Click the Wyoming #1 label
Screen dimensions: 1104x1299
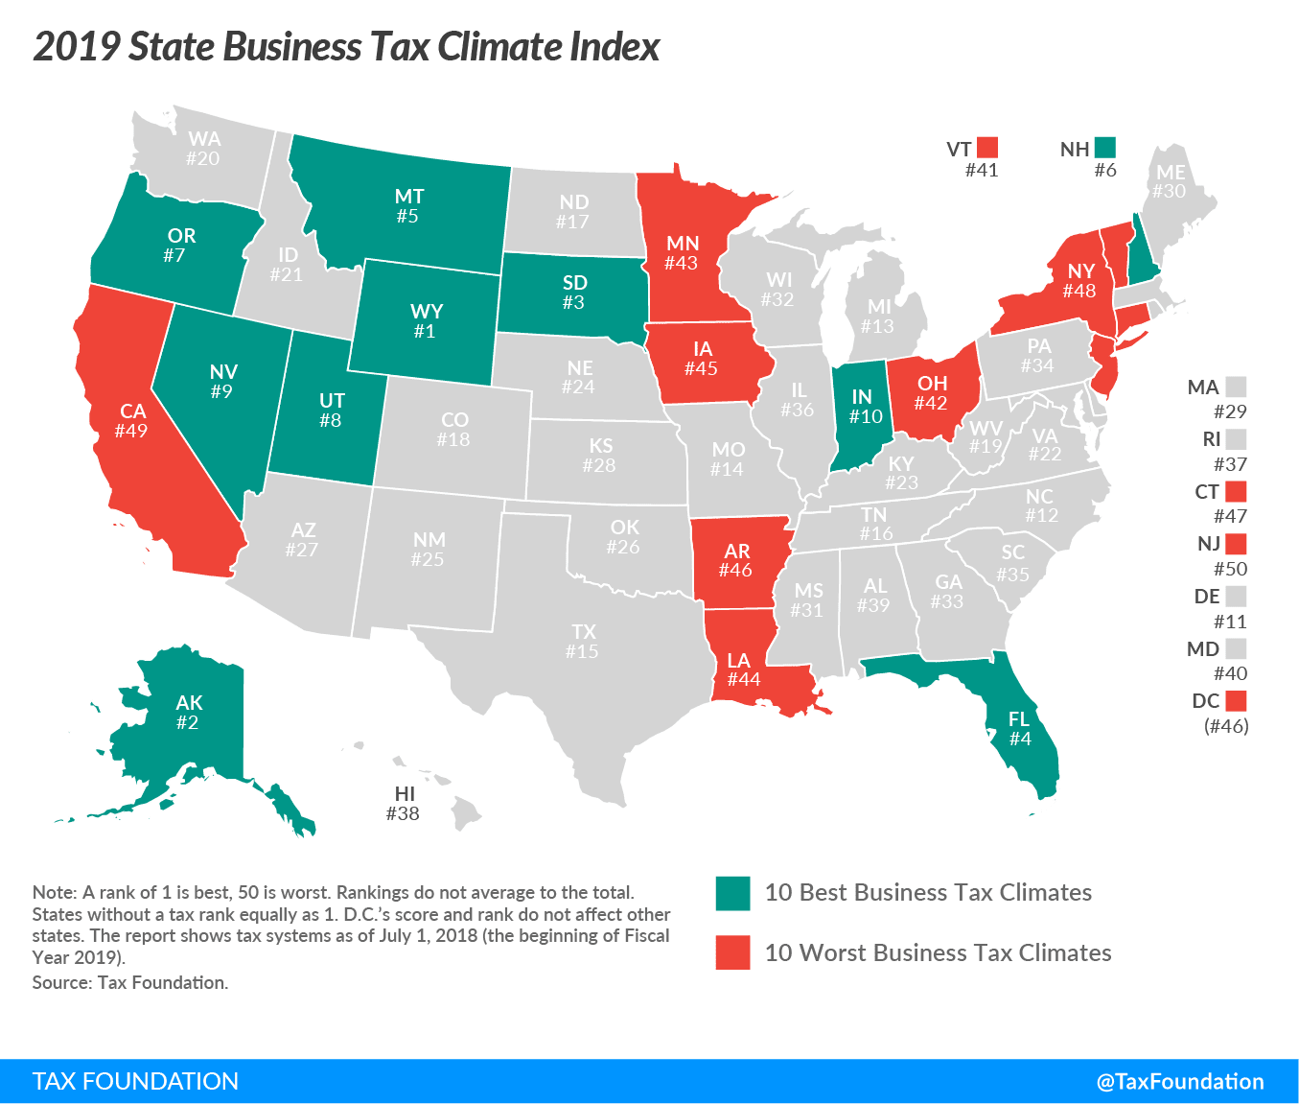point(426,321)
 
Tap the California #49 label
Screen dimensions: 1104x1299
point(132,421)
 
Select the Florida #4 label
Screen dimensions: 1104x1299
point(1019,729)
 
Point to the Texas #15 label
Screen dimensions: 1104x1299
point(583,642)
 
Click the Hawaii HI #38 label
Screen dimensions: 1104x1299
point(404,804)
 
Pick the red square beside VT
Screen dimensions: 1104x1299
point(987,148)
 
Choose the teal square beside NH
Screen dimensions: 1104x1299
point(1105,148)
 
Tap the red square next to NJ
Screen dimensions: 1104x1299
point(1236,544)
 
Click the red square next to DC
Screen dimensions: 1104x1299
point(1236,700)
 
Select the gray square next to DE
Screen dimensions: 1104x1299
point(1236,596)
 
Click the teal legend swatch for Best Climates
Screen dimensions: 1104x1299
point(732,893)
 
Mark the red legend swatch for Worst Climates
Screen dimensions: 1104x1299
point(732,952)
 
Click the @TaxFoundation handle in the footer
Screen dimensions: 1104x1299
point(1180,1082)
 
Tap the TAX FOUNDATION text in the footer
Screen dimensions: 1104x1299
point(135,1082)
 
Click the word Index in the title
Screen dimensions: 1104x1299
point(615,47)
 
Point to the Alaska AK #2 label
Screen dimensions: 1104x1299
point(189,713)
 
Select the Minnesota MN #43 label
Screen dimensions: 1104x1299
point(683,253)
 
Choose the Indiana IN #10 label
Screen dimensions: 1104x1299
point(865,407)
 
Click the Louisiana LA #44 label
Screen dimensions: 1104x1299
point(742,669)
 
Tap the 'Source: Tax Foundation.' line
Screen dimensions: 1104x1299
point(130,982)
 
